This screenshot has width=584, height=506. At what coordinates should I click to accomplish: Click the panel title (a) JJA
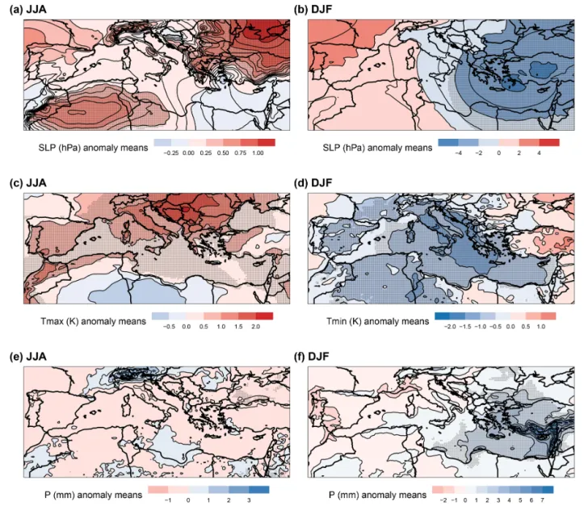[x=28, y=10]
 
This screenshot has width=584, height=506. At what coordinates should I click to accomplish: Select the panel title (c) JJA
[x=28, y=183]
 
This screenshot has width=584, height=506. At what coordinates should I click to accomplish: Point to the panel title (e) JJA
[x=28, y=357]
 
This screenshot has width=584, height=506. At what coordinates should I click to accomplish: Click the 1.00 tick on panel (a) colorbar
[x=258, y=153]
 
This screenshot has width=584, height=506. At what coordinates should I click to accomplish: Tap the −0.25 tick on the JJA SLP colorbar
[x=170, y=153]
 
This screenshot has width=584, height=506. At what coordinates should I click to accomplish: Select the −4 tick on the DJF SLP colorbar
[x=458, y=153]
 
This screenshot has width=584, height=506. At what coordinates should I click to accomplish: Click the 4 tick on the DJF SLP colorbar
[x=539, y=153]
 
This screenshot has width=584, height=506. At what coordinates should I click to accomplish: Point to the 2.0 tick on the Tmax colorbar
[x=255, y=327]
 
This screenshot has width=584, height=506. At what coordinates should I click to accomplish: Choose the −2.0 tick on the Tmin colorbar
[x=450, y=327]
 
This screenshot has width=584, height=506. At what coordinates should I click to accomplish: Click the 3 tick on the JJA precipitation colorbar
[x=249, y=500]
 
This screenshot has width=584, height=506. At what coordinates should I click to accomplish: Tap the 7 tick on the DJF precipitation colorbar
[x=542, y=500]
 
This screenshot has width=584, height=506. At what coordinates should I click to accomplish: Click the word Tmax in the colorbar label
[x=53, y=321]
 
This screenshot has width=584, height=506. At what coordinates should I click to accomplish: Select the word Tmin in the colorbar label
[x=338, y=321]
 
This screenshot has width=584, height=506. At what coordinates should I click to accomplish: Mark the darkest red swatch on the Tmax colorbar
[x=264, y=316]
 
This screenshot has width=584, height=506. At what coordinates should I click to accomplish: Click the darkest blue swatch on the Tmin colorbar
[x=442, y=316]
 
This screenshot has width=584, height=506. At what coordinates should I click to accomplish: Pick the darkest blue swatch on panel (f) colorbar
[x=548, y=490]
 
